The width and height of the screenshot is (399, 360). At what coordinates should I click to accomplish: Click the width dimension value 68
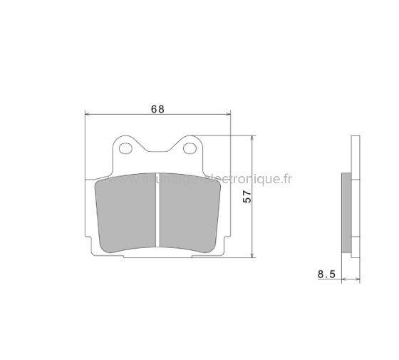tap(157, 109)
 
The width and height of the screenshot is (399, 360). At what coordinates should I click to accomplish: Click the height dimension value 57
tap(248, 197)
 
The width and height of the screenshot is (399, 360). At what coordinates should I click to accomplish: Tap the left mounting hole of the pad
tap(126, 149)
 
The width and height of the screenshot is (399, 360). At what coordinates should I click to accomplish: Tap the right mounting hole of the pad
tap(190, 149)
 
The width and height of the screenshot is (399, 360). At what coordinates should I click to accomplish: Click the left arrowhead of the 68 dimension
tap(88, 114)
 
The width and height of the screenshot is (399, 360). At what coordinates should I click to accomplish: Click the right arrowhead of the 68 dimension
tap(228, 114)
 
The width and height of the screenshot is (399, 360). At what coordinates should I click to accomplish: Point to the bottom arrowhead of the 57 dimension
tap(254, 254)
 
